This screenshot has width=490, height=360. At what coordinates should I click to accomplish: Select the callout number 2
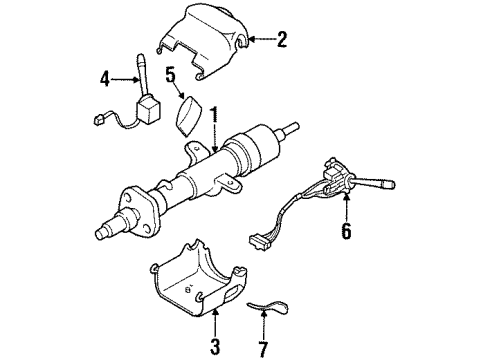click(x=282, y=40)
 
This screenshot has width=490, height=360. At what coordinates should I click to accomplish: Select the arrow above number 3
click(x=214, y=322)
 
